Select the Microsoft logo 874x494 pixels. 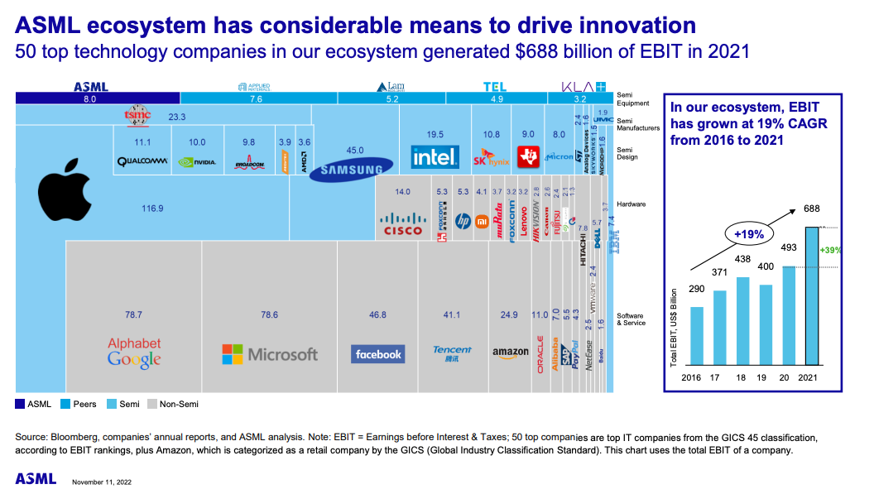click(270, 354)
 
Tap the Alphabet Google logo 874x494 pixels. click(134, 352)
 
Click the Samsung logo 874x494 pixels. click(345, 170)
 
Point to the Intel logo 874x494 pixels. click(435, 156)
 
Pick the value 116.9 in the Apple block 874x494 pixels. click(152, 209)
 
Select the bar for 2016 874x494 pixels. click(697, 336)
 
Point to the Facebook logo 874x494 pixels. click(377, 354)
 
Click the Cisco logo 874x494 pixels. click(403, 223)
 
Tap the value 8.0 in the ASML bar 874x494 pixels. click(90, 98)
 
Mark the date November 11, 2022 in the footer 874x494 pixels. click(102, 482)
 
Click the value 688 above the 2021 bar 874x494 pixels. click(811, 209)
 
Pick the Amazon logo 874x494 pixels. click(510, 353)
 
